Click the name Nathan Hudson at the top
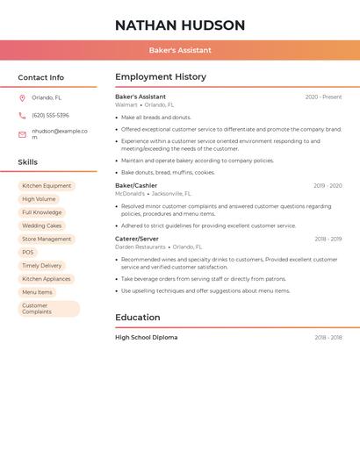point(180,25)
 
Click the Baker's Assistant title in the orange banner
point(180,50)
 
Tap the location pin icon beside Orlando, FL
point(22,97)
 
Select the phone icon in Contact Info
point(22,115)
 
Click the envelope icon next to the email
point(22,134)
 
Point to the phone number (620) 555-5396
point(50,115)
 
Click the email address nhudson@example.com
point(60,133)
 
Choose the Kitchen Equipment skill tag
point(47,186)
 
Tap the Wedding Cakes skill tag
point(42,225)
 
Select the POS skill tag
point(28,252)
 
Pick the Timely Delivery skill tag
point(42,265)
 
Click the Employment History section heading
point(161,77)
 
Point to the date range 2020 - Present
point(323,97)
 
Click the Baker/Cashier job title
point(136,185)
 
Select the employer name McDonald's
point(130,194)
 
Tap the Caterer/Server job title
point(137,239)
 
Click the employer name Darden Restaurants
point(140,247)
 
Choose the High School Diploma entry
point(146,337)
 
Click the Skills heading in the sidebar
point(28,162)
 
